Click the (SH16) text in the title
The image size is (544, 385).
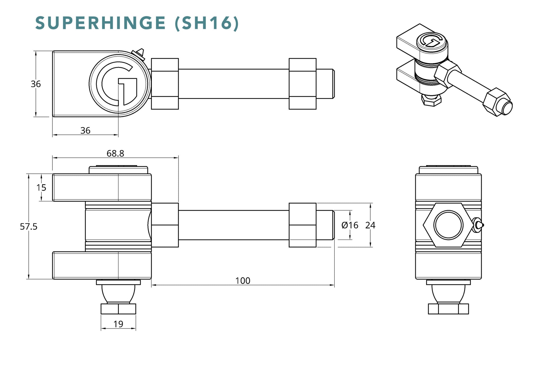pos(207,23)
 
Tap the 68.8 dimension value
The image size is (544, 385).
pos(115,153)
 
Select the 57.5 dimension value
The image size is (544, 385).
pos(29,227)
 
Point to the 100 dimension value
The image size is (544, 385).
pos(243,281)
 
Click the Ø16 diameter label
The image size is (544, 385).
pos(350,225)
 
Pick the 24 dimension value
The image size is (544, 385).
pos(370,225)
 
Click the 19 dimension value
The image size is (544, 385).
pos(118,324)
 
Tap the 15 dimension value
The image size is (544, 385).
pos(41,188)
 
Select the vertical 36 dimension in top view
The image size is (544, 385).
pos(36,84)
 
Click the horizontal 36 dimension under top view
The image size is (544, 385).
pos(85,131)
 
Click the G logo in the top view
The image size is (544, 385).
pos(120,84)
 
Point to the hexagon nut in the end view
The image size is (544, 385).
pos(448,225)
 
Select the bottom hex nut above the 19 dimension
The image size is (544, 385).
pos(118,309)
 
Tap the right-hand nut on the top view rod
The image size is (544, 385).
pos(302,84)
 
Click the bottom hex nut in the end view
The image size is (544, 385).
pos(448,309)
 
